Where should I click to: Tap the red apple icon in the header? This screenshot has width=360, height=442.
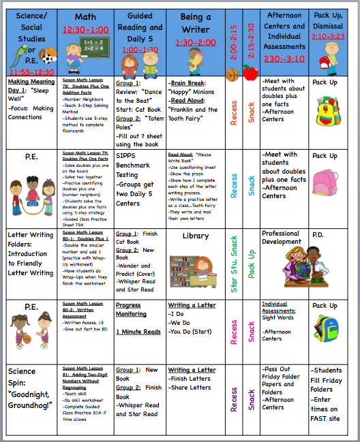pyautogui.click(x=251, y=71)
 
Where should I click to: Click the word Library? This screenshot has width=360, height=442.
pyautogui.click(x=196, y=236)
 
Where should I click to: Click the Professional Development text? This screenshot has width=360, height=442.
pyautogui.click(x=281, y=238)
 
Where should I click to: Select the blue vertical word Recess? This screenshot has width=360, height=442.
pyautogui.click(x=234, y=185)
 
